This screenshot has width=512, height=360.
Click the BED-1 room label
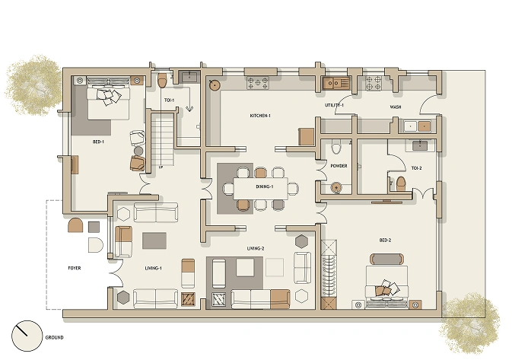(x=98, y=142)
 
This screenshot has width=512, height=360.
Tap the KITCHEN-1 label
(x=260, y=116)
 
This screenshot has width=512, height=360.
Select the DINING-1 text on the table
(x=264, y=187)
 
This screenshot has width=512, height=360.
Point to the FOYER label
(x=75, y=268)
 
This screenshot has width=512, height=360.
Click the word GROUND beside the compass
(x=55, y=337)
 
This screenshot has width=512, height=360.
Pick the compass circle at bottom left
(x=27, y=336)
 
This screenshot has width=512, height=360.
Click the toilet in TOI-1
(x=162, y=81)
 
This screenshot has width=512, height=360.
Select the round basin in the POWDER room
(x=336, y=187)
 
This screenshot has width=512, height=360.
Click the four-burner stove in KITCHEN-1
(x=258, y=83)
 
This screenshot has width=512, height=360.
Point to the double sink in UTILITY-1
(x=336, y=83)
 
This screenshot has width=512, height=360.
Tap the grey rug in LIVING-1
(x=154, y=241)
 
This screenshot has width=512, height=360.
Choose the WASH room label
(x=396, y=107)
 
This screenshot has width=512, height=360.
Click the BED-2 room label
(x=385, y=241)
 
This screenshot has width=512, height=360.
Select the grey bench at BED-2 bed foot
(x=387, y=259)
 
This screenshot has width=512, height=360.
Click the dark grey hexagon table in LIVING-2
(x=302, y=241)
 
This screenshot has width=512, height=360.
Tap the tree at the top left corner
(x=34, y=85)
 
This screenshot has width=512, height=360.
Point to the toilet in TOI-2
(x=401, y=184)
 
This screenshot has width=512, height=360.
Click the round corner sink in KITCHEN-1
(x=215, y=85)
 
